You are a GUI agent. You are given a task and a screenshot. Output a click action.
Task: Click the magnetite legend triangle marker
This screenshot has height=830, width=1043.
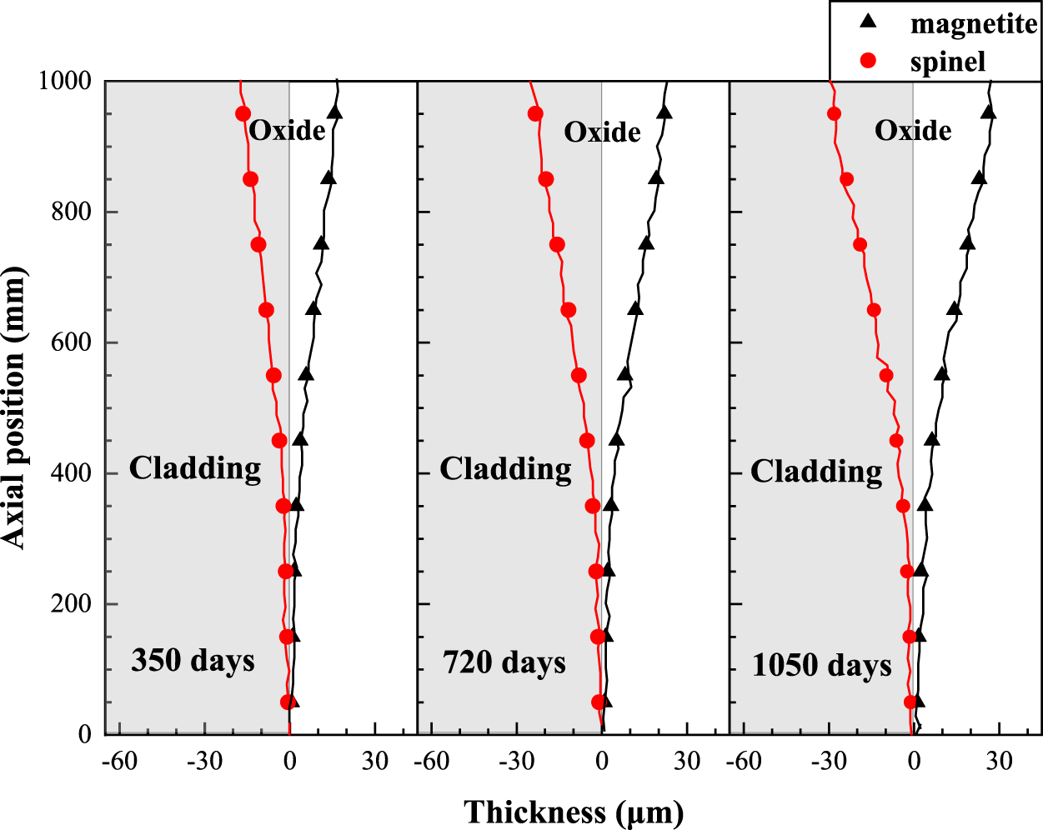[869, 22]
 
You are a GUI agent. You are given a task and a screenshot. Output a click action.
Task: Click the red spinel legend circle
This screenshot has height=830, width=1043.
[869, 61]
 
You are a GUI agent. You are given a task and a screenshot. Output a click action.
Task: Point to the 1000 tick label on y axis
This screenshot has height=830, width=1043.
[64, 81]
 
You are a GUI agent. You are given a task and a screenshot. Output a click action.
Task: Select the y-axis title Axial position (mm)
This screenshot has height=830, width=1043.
[15, 408]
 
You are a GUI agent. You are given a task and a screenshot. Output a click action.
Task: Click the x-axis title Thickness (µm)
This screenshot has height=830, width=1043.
[574, 811]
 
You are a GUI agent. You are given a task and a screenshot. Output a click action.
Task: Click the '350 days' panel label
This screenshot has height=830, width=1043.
[193, 661]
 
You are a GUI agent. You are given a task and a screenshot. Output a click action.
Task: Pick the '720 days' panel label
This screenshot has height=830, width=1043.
[504, 663]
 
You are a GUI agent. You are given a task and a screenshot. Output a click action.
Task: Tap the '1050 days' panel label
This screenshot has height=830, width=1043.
[821, 666]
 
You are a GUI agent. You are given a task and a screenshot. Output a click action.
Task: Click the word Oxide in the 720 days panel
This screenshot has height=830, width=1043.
[602, 132]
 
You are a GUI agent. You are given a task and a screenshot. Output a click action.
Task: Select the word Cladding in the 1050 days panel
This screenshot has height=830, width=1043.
[816, 472]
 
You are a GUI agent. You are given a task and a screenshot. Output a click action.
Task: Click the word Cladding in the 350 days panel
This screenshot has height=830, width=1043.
[194, 468]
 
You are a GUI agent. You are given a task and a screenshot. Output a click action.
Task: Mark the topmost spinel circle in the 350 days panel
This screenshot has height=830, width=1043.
[243, 114]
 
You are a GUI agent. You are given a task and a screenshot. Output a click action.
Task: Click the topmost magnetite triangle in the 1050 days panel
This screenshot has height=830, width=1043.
[989, 112]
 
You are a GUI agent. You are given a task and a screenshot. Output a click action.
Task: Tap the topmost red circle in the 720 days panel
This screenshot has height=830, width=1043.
[535, 114]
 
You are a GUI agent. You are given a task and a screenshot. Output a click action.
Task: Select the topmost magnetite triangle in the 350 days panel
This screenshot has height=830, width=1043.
[335, 112]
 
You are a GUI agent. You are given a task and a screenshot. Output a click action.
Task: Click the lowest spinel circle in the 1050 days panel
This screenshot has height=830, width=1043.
[910, 702]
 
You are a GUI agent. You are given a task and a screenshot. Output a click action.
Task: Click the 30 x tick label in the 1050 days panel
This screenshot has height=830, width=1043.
[999, 761]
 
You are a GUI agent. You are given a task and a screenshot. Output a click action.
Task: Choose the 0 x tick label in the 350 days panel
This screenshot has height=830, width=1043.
[289, 761]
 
